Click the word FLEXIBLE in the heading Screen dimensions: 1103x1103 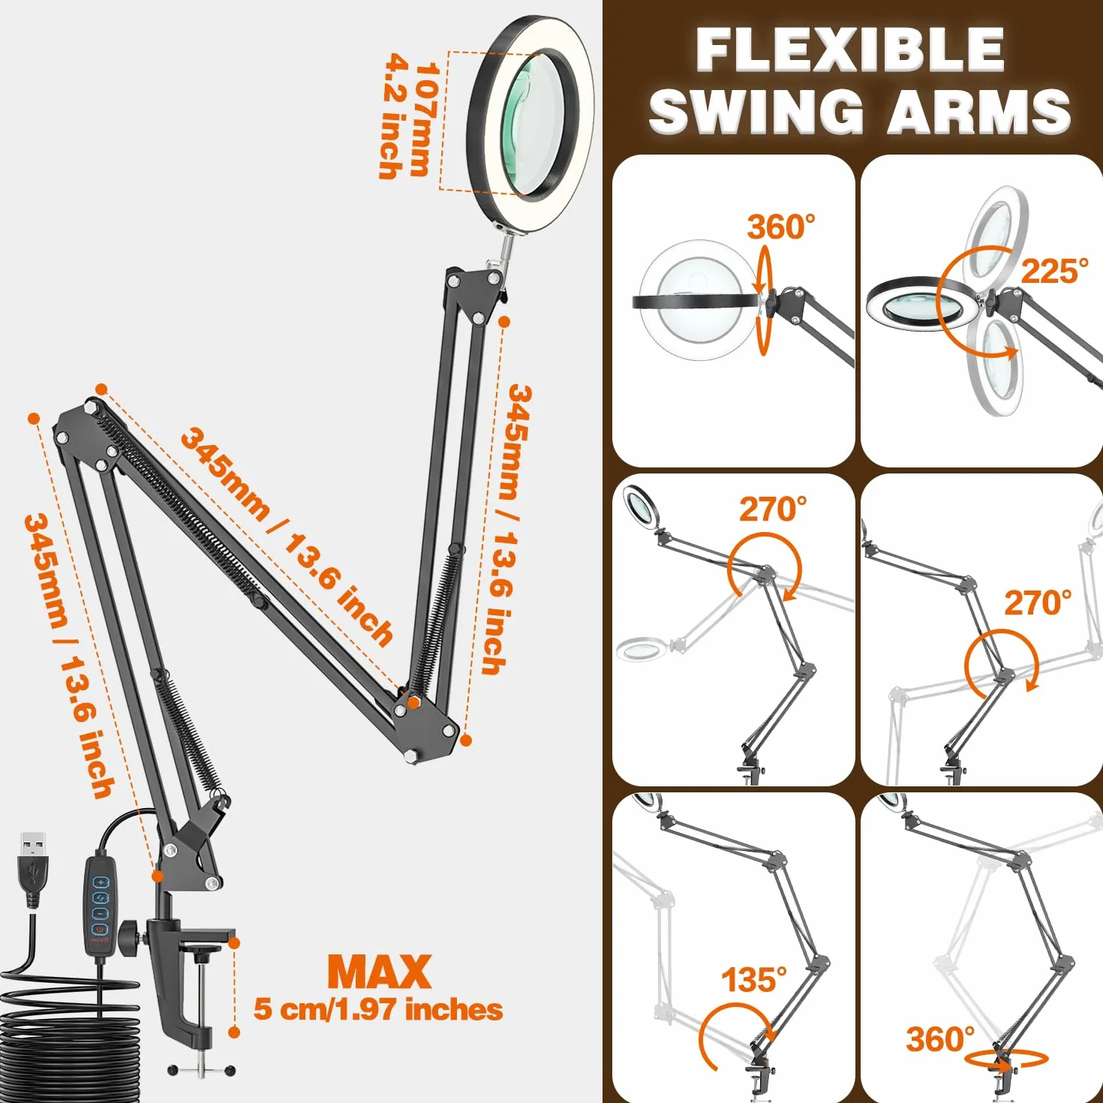[850, 50]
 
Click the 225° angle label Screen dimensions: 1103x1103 [1054, 271]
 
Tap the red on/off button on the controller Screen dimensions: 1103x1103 [101, 930]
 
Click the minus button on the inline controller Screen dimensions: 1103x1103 [101, 913]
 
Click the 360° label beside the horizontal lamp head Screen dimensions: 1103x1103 [781, 227]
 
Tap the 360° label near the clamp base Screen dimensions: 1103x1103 [940, 1039]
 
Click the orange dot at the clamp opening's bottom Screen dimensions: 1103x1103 [233, 1032]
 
